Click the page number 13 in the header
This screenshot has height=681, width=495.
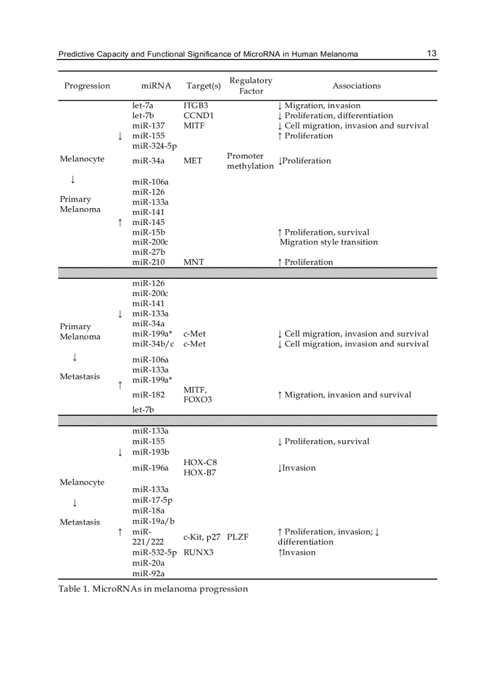pos(431,53)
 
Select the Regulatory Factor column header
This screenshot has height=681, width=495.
pos(251,86)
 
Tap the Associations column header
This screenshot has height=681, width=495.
pos(356,86)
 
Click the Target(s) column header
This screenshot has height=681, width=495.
pos(203,86)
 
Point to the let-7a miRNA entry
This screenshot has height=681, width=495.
pos(143,106)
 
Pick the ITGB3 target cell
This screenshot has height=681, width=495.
pos(195,106)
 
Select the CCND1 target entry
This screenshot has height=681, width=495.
pos(198,115)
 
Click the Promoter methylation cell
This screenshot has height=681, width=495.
pos(250,161)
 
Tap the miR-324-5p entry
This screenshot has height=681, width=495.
pos(154,146)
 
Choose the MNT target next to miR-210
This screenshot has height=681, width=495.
pos(194,262)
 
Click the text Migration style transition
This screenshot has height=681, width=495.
pos(328,242)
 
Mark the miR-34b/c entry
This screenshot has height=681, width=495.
pos(153,344)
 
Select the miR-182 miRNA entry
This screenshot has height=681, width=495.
pos(148,395)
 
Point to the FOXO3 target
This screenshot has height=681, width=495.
pos(197,400)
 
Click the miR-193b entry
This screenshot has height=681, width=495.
pos(150,452)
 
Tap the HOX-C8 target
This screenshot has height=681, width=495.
pos(200,463)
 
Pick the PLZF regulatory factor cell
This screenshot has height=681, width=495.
pos(238,537)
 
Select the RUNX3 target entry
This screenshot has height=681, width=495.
pos(198,552)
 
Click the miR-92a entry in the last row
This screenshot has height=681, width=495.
pos(148,573)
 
